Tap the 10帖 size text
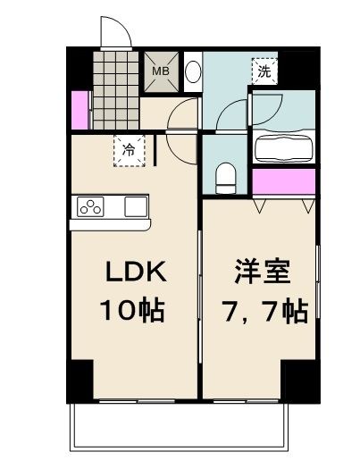pos(131,311)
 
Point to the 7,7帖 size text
pos(263,311)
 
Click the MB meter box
pos(161,72)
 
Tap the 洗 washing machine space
pos(265,70)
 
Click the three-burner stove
pos(92,207)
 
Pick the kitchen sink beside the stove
pos(135,206)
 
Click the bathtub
pos(281,147)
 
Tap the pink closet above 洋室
pos(283,181)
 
